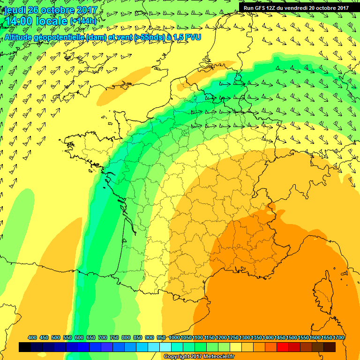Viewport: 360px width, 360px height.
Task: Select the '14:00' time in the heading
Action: pos(18,21)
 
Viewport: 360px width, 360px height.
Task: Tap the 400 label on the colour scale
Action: pos(32,337)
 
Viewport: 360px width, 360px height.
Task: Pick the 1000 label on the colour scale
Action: pos(174,337)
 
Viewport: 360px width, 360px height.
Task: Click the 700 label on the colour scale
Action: pos(103,337)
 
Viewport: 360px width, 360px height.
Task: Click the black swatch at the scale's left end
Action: pos(25,347)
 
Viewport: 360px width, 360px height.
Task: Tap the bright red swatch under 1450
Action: pos(283,347)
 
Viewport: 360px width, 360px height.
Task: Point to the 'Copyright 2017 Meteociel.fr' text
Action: pos(198,357)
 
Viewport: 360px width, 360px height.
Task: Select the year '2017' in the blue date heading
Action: pos(85,10)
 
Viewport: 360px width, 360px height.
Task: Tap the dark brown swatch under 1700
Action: pos(330,347)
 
